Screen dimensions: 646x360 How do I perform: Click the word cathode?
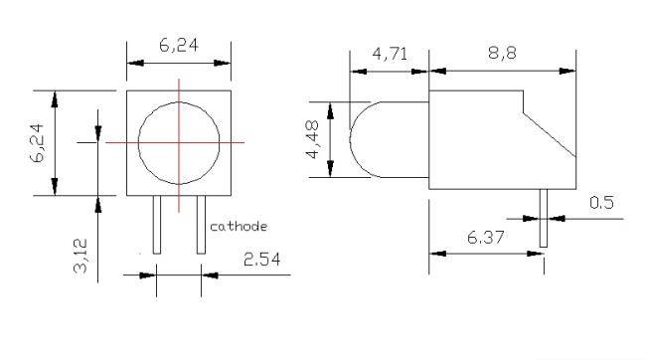(x=239, y=227)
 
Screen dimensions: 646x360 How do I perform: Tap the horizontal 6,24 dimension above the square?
(x=179, y=45)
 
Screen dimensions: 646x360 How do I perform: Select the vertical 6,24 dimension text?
(x=38, y=142)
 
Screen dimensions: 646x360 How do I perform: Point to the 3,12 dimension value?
(x=81, y=256)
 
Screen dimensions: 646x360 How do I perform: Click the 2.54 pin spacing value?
(x=262, y=260)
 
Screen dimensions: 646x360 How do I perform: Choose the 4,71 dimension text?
(x=390, y=54)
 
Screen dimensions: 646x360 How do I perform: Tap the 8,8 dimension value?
(x=502, y=53)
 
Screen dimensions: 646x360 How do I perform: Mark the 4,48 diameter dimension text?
(x=312, y=139)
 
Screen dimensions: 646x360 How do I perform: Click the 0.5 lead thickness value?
(x=601, y=203)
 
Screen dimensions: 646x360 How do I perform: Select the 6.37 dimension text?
(x=485, y=237)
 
